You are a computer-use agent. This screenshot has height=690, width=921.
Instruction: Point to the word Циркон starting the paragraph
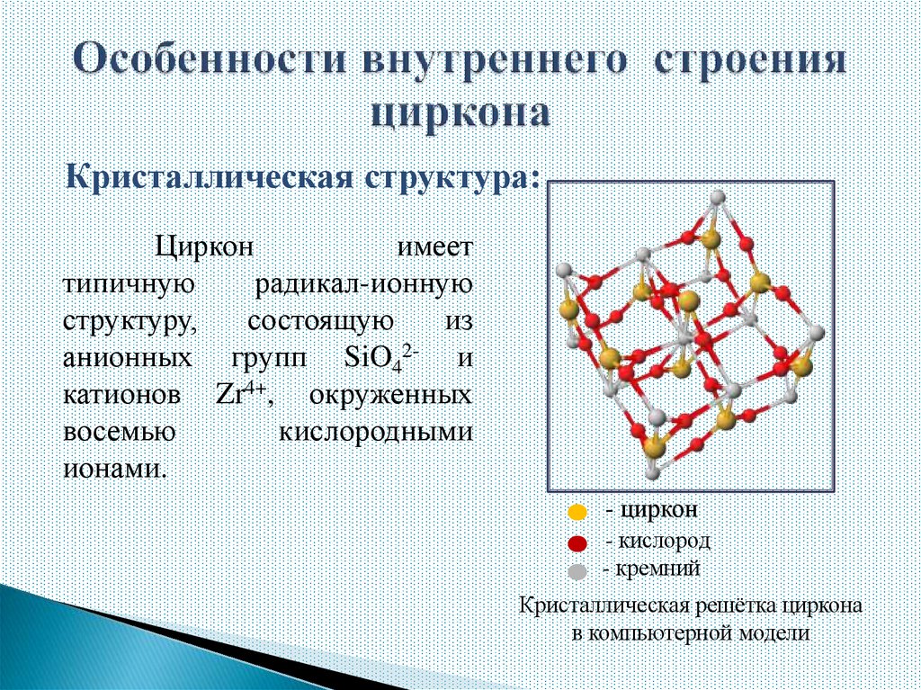tap(201, 247)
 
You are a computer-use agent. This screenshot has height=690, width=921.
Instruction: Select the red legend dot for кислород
tap(577, 542)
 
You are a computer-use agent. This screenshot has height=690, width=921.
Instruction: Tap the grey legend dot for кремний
tap(577, 570)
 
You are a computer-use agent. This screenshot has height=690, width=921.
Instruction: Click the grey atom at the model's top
tap(717, 198)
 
